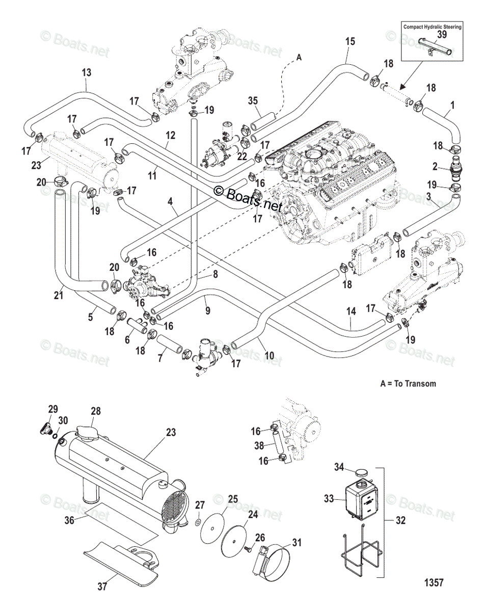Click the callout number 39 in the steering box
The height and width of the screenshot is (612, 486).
tap(442, 34)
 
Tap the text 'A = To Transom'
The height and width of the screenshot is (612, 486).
tap(409, 383)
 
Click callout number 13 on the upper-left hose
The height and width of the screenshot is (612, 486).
tap(87, 73)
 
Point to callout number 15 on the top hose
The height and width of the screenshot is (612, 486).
tap(349, 42)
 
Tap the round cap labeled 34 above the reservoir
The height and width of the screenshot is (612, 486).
tap(361, 472)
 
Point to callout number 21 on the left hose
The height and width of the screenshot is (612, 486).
tap(59, 295)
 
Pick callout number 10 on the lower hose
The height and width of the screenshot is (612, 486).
tap(269, 355)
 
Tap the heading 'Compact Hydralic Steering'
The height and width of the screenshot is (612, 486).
tap(432, 27)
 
